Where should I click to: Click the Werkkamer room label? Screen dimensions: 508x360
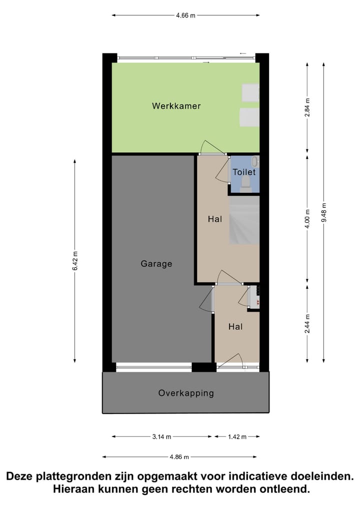point(176,106)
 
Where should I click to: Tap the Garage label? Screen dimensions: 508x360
point(156,264)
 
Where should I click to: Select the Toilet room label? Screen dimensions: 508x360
point(244,172)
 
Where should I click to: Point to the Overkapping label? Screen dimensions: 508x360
point(186,393)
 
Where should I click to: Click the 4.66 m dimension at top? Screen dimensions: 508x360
point(185,15)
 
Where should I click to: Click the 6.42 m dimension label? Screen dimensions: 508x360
point(75,261)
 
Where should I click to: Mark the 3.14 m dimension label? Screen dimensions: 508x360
point(161,437)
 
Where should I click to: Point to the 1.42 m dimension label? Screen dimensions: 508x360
point(237,437)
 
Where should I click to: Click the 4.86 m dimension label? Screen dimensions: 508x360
point(179,457)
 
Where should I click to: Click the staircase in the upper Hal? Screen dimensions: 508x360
point(244,220)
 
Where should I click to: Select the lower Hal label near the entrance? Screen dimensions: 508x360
point(235,327)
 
